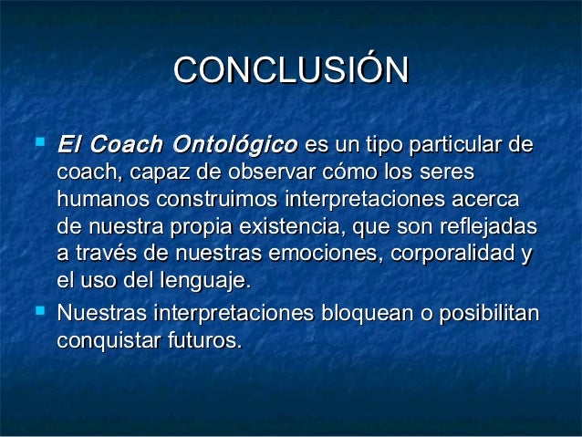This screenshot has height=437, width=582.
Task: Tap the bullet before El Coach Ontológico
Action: point(40,141)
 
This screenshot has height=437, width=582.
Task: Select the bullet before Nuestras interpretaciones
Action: point(40,310)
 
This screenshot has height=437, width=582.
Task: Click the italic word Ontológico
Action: point(235,145)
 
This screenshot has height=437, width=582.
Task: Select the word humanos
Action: point(103,199)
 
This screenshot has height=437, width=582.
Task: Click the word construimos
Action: point(217,199)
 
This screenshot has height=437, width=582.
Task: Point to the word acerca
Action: point(485,200)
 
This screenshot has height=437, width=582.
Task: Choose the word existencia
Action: point(289,226)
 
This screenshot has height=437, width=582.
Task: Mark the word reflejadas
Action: point(488,227)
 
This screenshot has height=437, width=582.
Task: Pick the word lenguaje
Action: point(206,281)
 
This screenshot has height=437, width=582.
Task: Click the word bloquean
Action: point(367,314)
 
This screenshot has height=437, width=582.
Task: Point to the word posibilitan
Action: point(489,314)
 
